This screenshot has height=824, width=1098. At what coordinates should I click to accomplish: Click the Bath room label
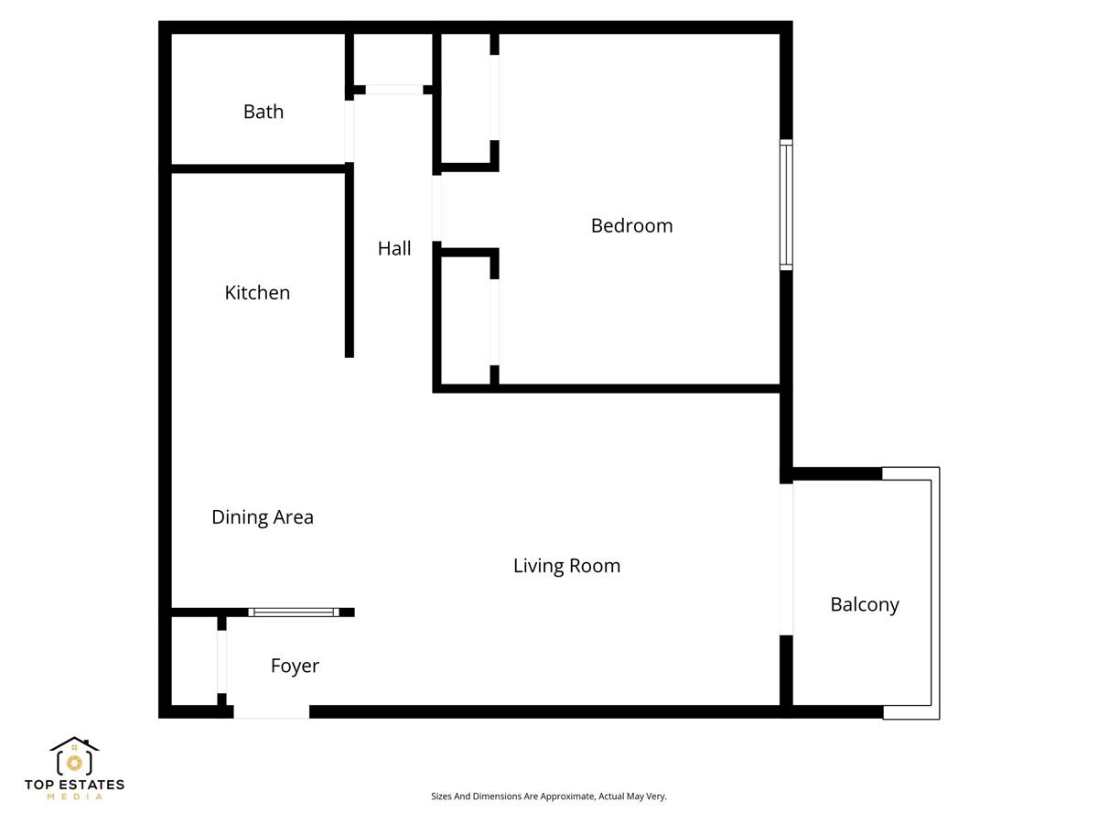(x=264, y=112)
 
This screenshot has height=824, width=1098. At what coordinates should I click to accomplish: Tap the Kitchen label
(x=257, y=293)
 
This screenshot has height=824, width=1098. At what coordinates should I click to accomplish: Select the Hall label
(x=394, y=248)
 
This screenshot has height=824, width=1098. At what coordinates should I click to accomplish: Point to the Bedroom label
(x=631, y=225)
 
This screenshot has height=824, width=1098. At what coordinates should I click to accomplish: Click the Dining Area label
(x=263, y=517)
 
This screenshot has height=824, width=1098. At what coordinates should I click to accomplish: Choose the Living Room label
(x=566, y=566)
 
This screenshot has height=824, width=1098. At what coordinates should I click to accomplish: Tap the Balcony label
(x=865, y=604)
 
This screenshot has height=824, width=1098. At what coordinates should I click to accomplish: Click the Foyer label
(x=295, y=666)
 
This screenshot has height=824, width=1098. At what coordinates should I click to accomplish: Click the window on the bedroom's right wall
(x=786, y=205)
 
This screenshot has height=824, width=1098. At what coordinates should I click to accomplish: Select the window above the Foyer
(x=294, y=613)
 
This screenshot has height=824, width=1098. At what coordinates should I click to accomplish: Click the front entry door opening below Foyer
(x=271, y=712)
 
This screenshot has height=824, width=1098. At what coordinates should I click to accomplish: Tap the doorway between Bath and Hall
(x=350, y=131)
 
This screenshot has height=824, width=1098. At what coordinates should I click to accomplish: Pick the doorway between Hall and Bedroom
(x=436, y=208)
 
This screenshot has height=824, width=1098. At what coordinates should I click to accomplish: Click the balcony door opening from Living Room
(x=786, y=559)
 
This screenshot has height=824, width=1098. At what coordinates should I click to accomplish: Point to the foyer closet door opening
(x=221, y=661)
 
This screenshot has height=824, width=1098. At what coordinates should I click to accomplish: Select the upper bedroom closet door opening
(x=494, y=98)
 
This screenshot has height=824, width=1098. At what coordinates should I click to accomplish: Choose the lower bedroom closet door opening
(x=494, y=322)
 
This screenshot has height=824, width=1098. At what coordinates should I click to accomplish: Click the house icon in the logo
(x=74, y=756)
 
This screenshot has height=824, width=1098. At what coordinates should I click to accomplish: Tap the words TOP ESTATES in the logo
(x=74, y=785)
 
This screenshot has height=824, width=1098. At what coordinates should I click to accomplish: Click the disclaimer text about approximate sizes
(x=549, y=796)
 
